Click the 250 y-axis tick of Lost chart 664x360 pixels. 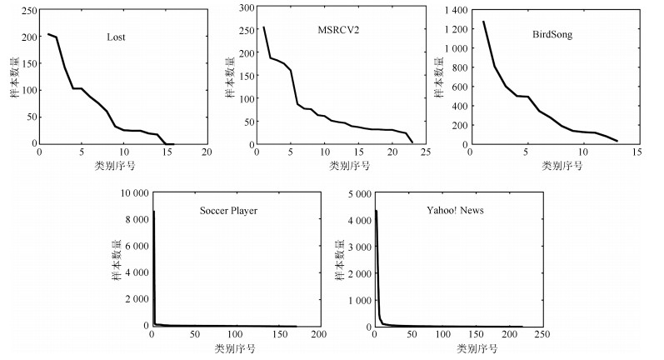25,11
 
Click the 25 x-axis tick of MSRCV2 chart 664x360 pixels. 425,153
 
